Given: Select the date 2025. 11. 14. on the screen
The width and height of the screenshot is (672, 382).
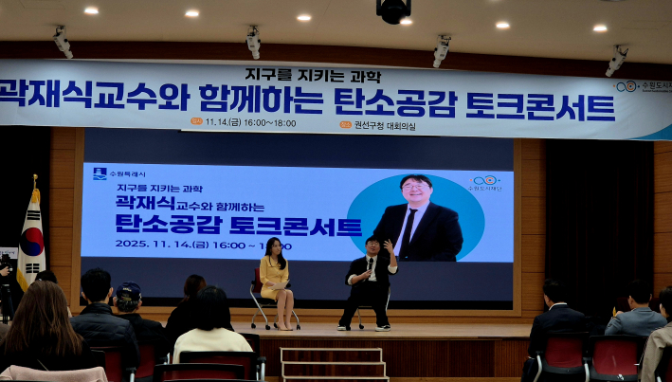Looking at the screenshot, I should (x=156, y=243).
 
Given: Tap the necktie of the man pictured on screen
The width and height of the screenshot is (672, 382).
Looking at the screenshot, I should (x=409, y=227).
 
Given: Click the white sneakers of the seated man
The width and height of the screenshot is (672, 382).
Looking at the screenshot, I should (x=363, y=327).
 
